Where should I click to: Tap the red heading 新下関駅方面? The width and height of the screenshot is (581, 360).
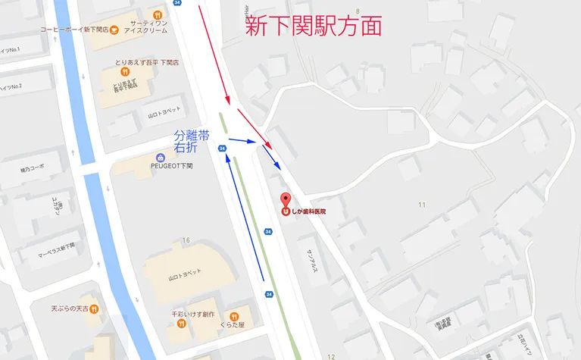point(312,27)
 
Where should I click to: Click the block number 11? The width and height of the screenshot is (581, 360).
point(422,205)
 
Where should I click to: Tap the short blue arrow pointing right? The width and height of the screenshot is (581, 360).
point(241,140)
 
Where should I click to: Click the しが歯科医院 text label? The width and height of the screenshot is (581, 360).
point(311,211)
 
